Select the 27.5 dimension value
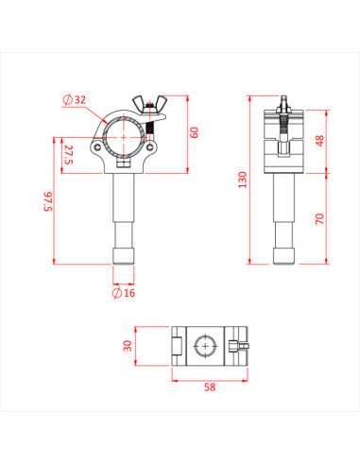click(x=68, y=152)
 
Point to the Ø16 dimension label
click(x=124, y=293)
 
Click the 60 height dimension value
click(x=194, y=131)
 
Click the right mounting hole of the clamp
click(x=149, y=146)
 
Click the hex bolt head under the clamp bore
click(x=123, y=163)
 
